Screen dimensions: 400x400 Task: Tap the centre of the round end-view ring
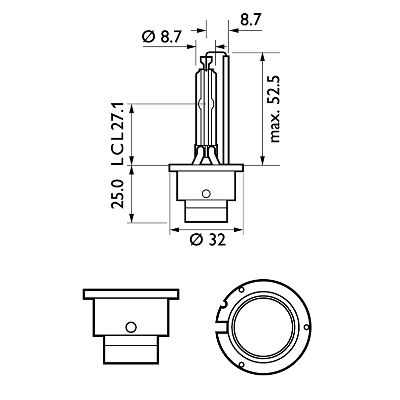coord(264,324)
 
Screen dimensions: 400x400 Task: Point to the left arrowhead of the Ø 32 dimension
coord(173,229)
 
